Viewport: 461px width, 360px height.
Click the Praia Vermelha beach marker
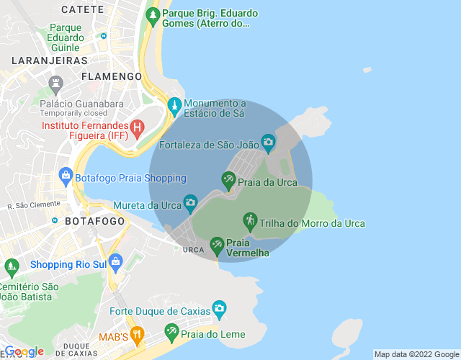[x=217, y=245]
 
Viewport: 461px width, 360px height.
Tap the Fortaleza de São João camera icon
[x=268, y=142]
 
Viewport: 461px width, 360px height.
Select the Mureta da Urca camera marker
[x=190, y=203]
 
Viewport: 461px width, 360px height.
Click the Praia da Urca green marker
[x=229, y=179]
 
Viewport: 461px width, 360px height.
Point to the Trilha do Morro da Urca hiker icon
[x=250, y=220]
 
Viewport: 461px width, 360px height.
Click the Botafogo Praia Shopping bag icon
[x=66, y=176]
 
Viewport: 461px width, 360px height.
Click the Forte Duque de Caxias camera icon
[x=219, y=310]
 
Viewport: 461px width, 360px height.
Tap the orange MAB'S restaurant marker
[x=138, y=335]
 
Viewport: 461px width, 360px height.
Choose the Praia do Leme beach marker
[x=171, y=332]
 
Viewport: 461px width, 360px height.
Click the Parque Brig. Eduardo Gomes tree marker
[x=152, y=15]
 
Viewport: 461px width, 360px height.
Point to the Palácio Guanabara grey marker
[x=55, y=84]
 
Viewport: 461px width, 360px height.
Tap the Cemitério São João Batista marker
[x=12, y=267]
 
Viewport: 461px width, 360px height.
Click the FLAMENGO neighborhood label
[x=112, y=76]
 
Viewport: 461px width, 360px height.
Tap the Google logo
[x=24, y=351]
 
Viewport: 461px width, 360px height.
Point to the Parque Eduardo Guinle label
[x=66, y=37]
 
